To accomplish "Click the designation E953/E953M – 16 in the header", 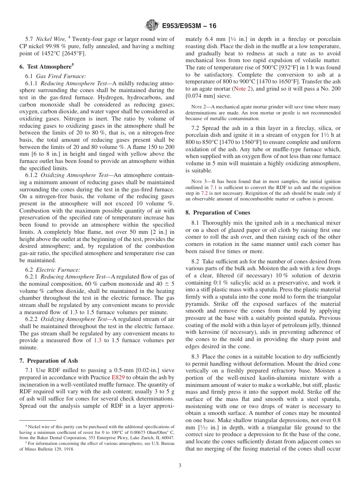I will [x=189, y=26].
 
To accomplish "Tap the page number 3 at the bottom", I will [x=180, y=465].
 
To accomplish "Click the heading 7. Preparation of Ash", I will [x=49, y=360].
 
